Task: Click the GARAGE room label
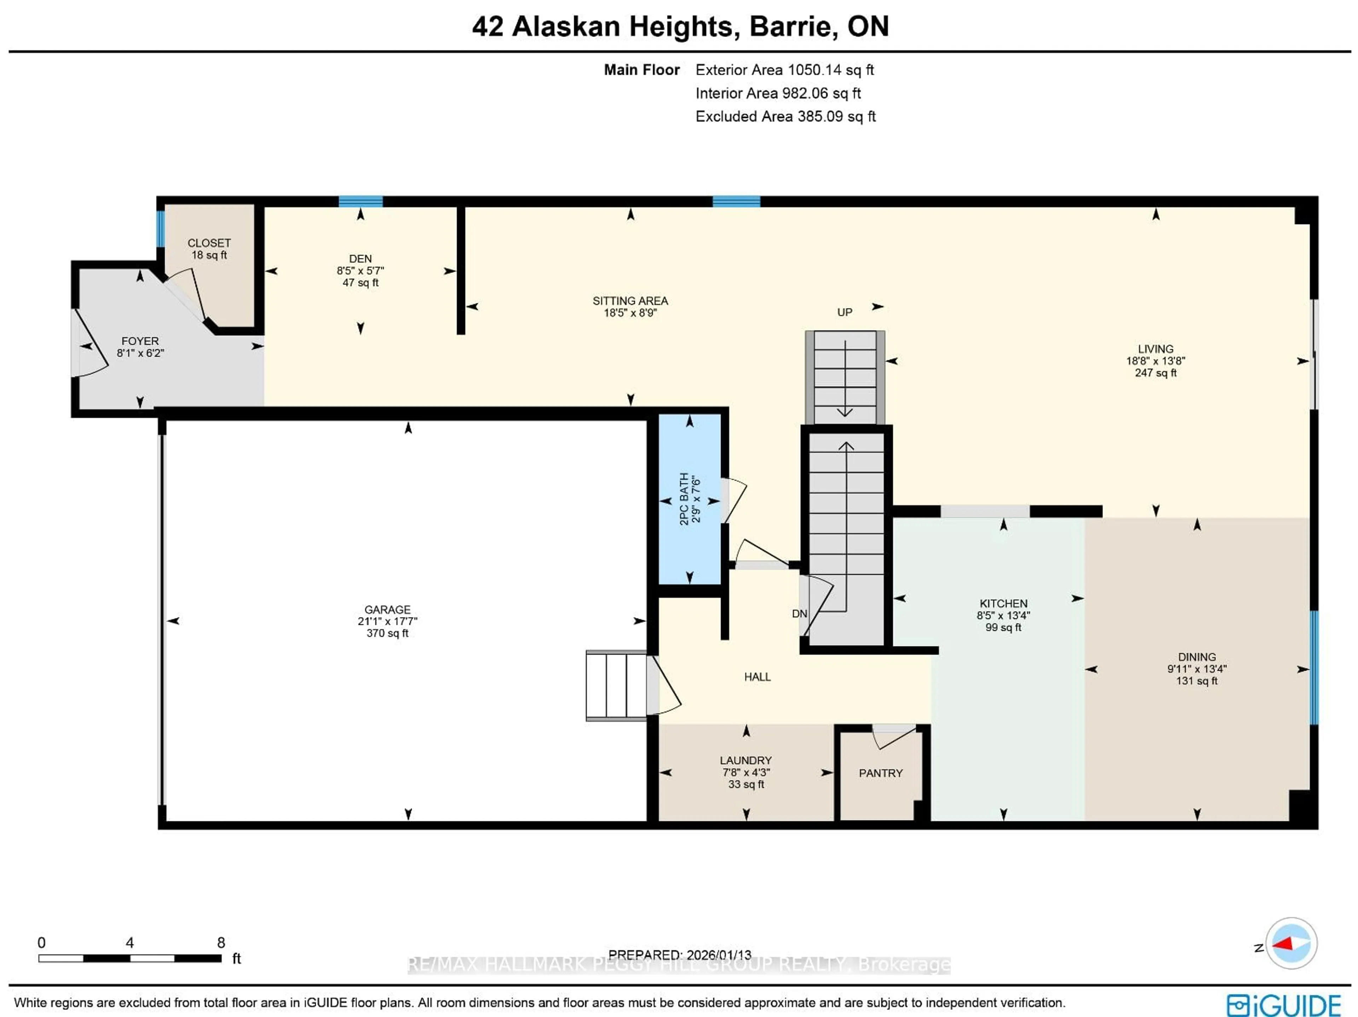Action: click(x=387, y=609)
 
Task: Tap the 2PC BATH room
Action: click(x=690, y=499)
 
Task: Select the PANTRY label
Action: click(x=880, y=773)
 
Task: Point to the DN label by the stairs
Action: click(x=799, y=613)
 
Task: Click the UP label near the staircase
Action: click(x=844, y=312)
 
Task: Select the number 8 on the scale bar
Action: click(x=221, y=942)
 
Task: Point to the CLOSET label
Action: click(x=209, y=243)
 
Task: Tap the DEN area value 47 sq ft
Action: click(x=360, y=283)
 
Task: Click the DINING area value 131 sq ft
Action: click(x=1196, y=681)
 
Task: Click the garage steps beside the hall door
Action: click(x=616, y=685)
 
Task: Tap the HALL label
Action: click(x=757, y=677)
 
